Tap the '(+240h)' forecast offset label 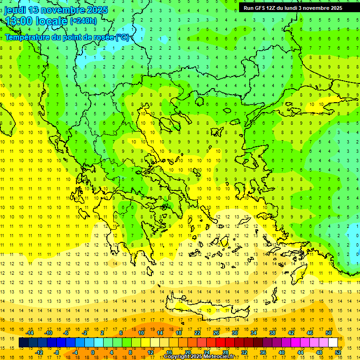83,21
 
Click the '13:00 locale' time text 37,21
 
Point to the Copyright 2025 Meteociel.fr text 199,357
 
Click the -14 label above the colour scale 30,332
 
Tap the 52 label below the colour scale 338,352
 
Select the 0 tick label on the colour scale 93,352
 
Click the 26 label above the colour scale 216,332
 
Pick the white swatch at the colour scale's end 333,343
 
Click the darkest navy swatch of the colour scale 23,343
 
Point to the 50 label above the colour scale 329,332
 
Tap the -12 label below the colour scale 39,352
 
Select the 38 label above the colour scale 272,332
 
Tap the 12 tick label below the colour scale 150,352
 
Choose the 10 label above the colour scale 141,332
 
